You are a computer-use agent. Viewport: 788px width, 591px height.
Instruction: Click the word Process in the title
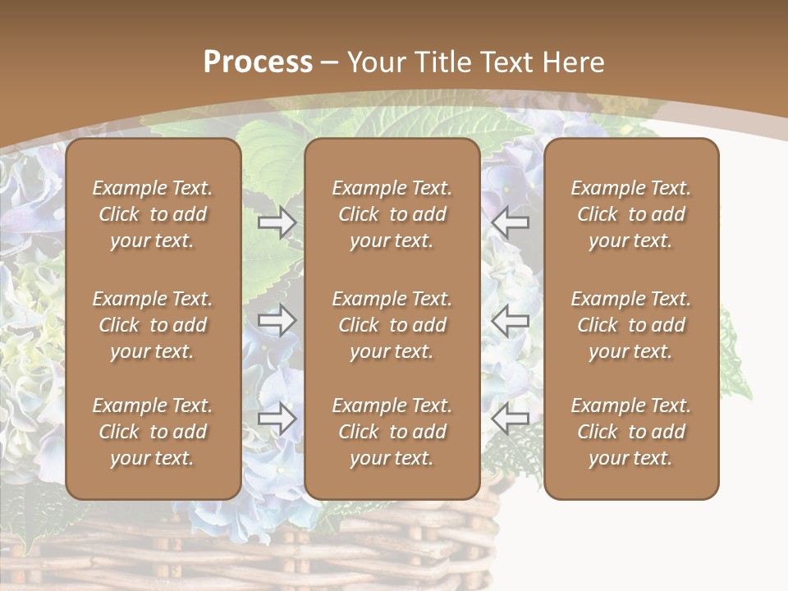(258, 62)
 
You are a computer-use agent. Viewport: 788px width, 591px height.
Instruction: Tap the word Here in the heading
(570, 62)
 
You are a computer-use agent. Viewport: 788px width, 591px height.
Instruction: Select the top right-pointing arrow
(277, 222)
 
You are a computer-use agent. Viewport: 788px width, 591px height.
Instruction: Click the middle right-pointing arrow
(277, 320)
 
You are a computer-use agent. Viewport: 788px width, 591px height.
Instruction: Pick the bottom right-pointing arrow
(277, 419)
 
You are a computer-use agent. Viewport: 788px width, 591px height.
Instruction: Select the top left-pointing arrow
(511, 222)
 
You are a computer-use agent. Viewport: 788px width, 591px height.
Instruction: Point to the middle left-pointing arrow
(511, 320)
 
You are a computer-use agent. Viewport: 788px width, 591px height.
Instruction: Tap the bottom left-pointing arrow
(511, 419)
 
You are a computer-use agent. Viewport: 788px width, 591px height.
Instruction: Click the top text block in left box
(153, 214)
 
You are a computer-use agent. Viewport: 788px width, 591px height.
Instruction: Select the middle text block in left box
(153, 325)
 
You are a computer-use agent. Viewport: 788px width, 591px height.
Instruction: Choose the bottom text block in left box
(153, 432)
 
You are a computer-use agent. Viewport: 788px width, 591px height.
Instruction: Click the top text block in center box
(392, 214)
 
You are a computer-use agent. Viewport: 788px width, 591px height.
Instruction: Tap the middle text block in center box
(392, 325)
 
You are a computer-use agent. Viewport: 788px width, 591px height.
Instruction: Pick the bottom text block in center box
(392, 432)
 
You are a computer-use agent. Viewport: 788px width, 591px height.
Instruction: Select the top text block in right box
(630, 214)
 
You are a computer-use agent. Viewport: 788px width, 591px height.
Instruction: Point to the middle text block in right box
(630, 325)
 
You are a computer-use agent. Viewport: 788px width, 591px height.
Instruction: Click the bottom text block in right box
(630, 432)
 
